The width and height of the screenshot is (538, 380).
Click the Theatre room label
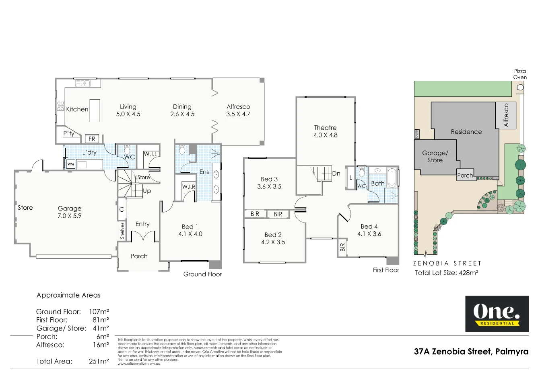[325, 128]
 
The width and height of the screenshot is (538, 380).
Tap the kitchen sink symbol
[83, 83]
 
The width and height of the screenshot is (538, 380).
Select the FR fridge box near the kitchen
[92, 139]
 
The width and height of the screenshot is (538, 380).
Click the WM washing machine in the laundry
[70, 164]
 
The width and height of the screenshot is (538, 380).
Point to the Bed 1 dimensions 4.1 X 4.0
[190, 234]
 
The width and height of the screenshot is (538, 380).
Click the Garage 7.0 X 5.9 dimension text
[69, 216]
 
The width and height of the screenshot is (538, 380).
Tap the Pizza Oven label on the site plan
[519, 74]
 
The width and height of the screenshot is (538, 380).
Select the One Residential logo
[497, 314]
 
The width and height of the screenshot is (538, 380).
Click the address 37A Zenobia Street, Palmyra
[471, 351]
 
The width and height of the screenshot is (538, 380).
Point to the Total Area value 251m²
[99, 361]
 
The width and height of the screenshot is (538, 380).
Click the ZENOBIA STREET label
[447, 264]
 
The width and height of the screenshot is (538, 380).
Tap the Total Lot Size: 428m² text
[446, 273]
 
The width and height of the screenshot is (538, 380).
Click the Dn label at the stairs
[336, 174]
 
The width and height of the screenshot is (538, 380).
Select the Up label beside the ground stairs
[147, 191]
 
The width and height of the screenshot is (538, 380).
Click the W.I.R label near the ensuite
[188, 187]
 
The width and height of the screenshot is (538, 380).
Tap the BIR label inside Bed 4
[342, 247]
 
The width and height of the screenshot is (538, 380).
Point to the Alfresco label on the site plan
[506, 115]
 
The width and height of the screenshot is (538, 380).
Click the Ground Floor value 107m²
[99, 312]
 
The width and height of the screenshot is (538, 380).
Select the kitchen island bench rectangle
[95, 110]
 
